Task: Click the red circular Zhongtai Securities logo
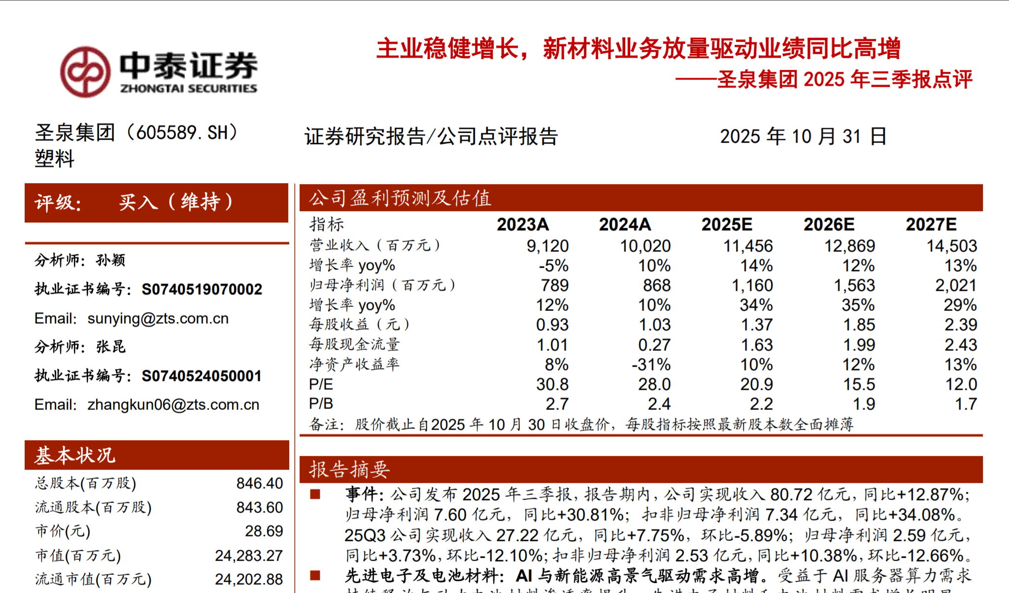(x=85, y=72)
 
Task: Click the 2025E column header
(x=727, y=224)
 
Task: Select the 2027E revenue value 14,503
(x=951, y=246)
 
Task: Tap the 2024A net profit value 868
(x=656, y=285)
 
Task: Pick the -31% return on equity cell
(x=651, y=365)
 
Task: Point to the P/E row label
(x=321, y=384)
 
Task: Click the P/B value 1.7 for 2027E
(x=966, y=404)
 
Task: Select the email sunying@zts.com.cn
(x=158, y=318)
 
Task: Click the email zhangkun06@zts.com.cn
(x=173, y=405)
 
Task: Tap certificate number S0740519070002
(x=202, y=289)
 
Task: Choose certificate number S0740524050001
(x=202, y=376)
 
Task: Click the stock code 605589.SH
(x=182, y=133)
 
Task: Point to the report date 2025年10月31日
(x=803, y=136)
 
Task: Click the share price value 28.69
(x=264, y=531)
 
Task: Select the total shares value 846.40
(x=259, y=483)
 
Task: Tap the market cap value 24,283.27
(x=248, y=556)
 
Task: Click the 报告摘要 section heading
(x=349, y=469)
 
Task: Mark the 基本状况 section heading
(x=75, y=455)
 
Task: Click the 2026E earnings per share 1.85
(x=859, y=325)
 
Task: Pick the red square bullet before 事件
(x=315, y=494)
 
